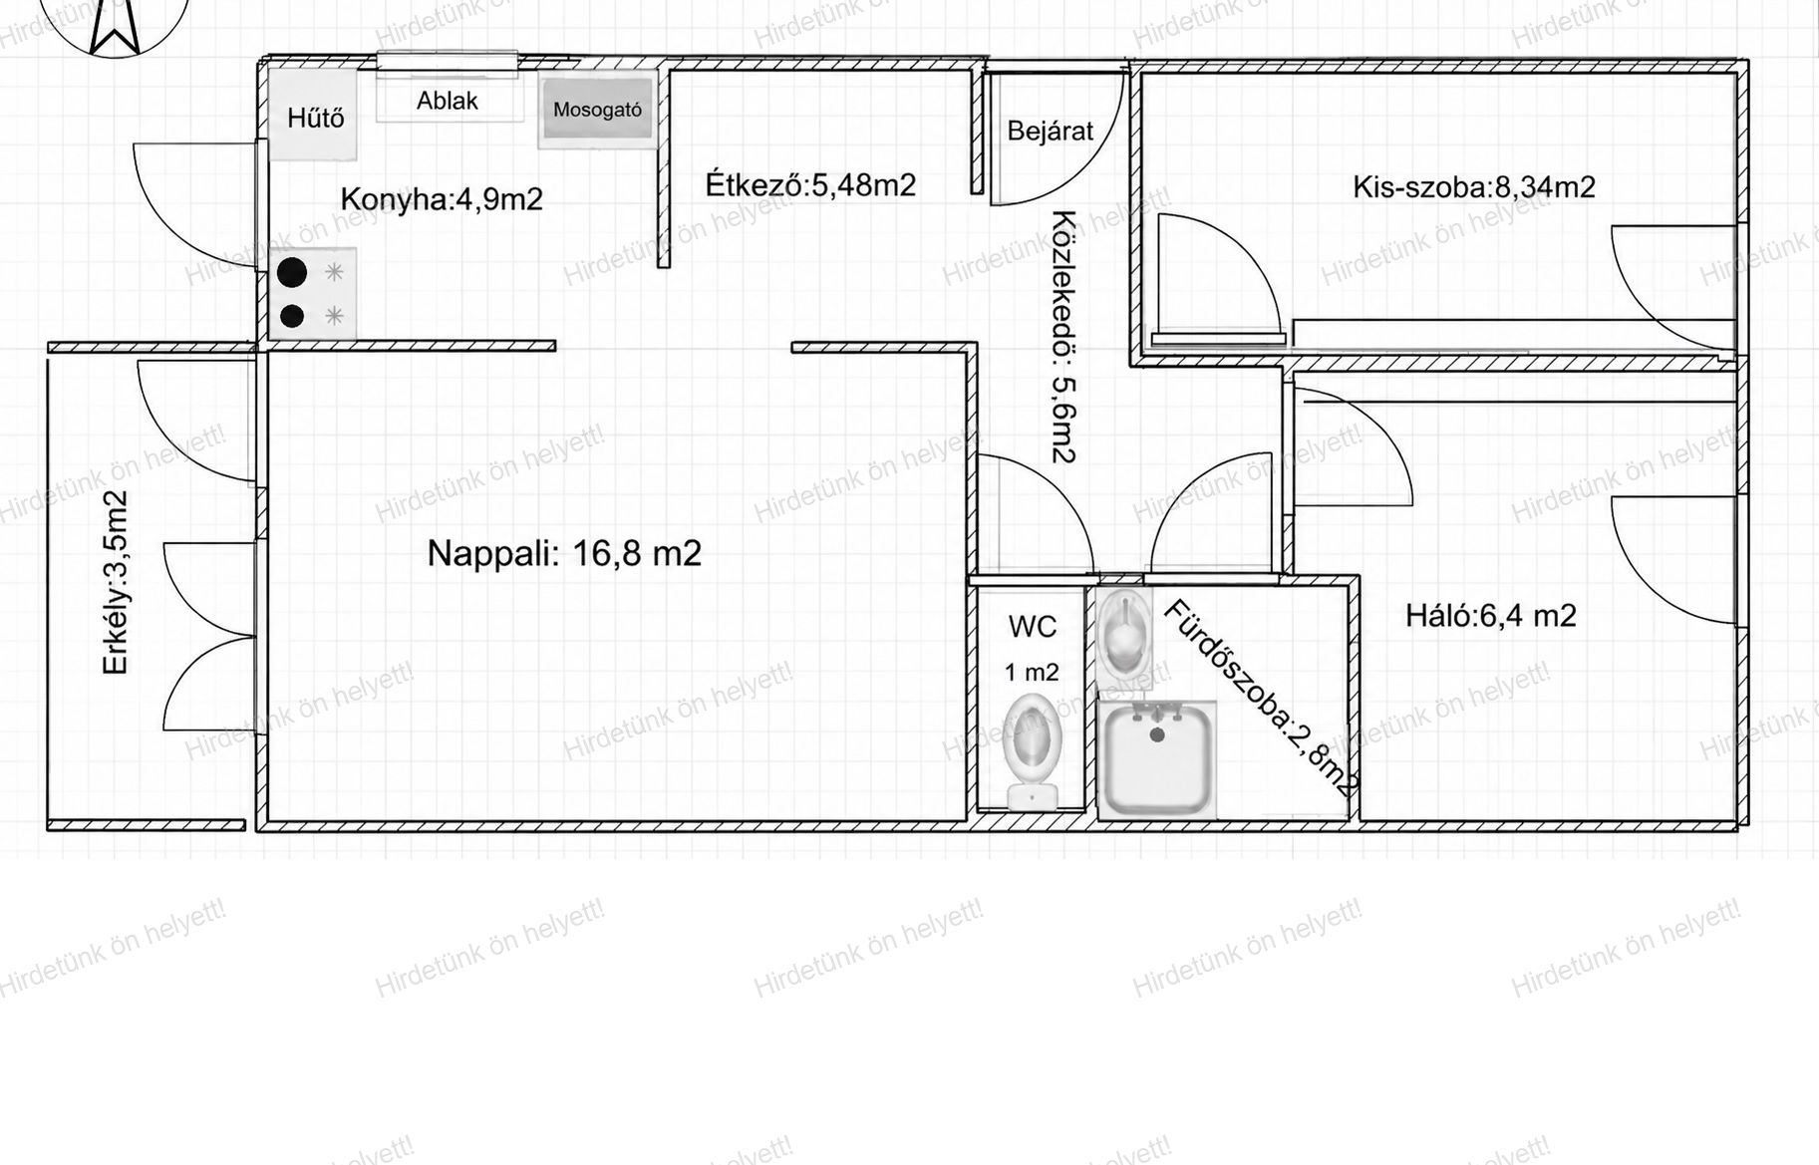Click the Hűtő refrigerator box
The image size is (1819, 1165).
tap(313, 115)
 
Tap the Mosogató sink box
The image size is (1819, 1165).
tap(596, 110)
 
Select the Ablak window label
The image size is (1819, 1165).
tap(448, 101)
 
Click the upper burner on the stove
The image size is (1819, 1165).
tap(292, 271)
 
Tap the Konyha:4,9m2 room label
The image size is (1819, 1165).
tap(442, 199)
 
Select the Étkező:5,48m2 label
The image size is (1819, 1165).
tap(810, 185)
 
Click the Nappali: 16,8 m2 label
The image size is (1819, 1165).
tap(564, 553)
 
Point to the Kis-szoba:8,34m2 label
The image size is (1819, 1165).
tap(1473, 187)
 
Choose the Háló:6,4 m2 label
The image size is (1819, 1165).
tap(1491, 616)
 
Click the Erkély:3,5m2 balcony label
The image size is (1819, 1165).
tap(116, 582)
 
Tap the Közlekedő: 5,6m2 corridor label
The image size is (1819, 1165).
tap(1064, 337)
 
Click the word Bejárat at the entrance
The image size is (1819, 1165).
tap(1050, 131)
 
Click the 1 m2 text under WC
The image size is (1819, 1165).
tap(1032, 673)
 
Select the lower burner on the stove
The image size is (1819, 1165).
tap(292, 316)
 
